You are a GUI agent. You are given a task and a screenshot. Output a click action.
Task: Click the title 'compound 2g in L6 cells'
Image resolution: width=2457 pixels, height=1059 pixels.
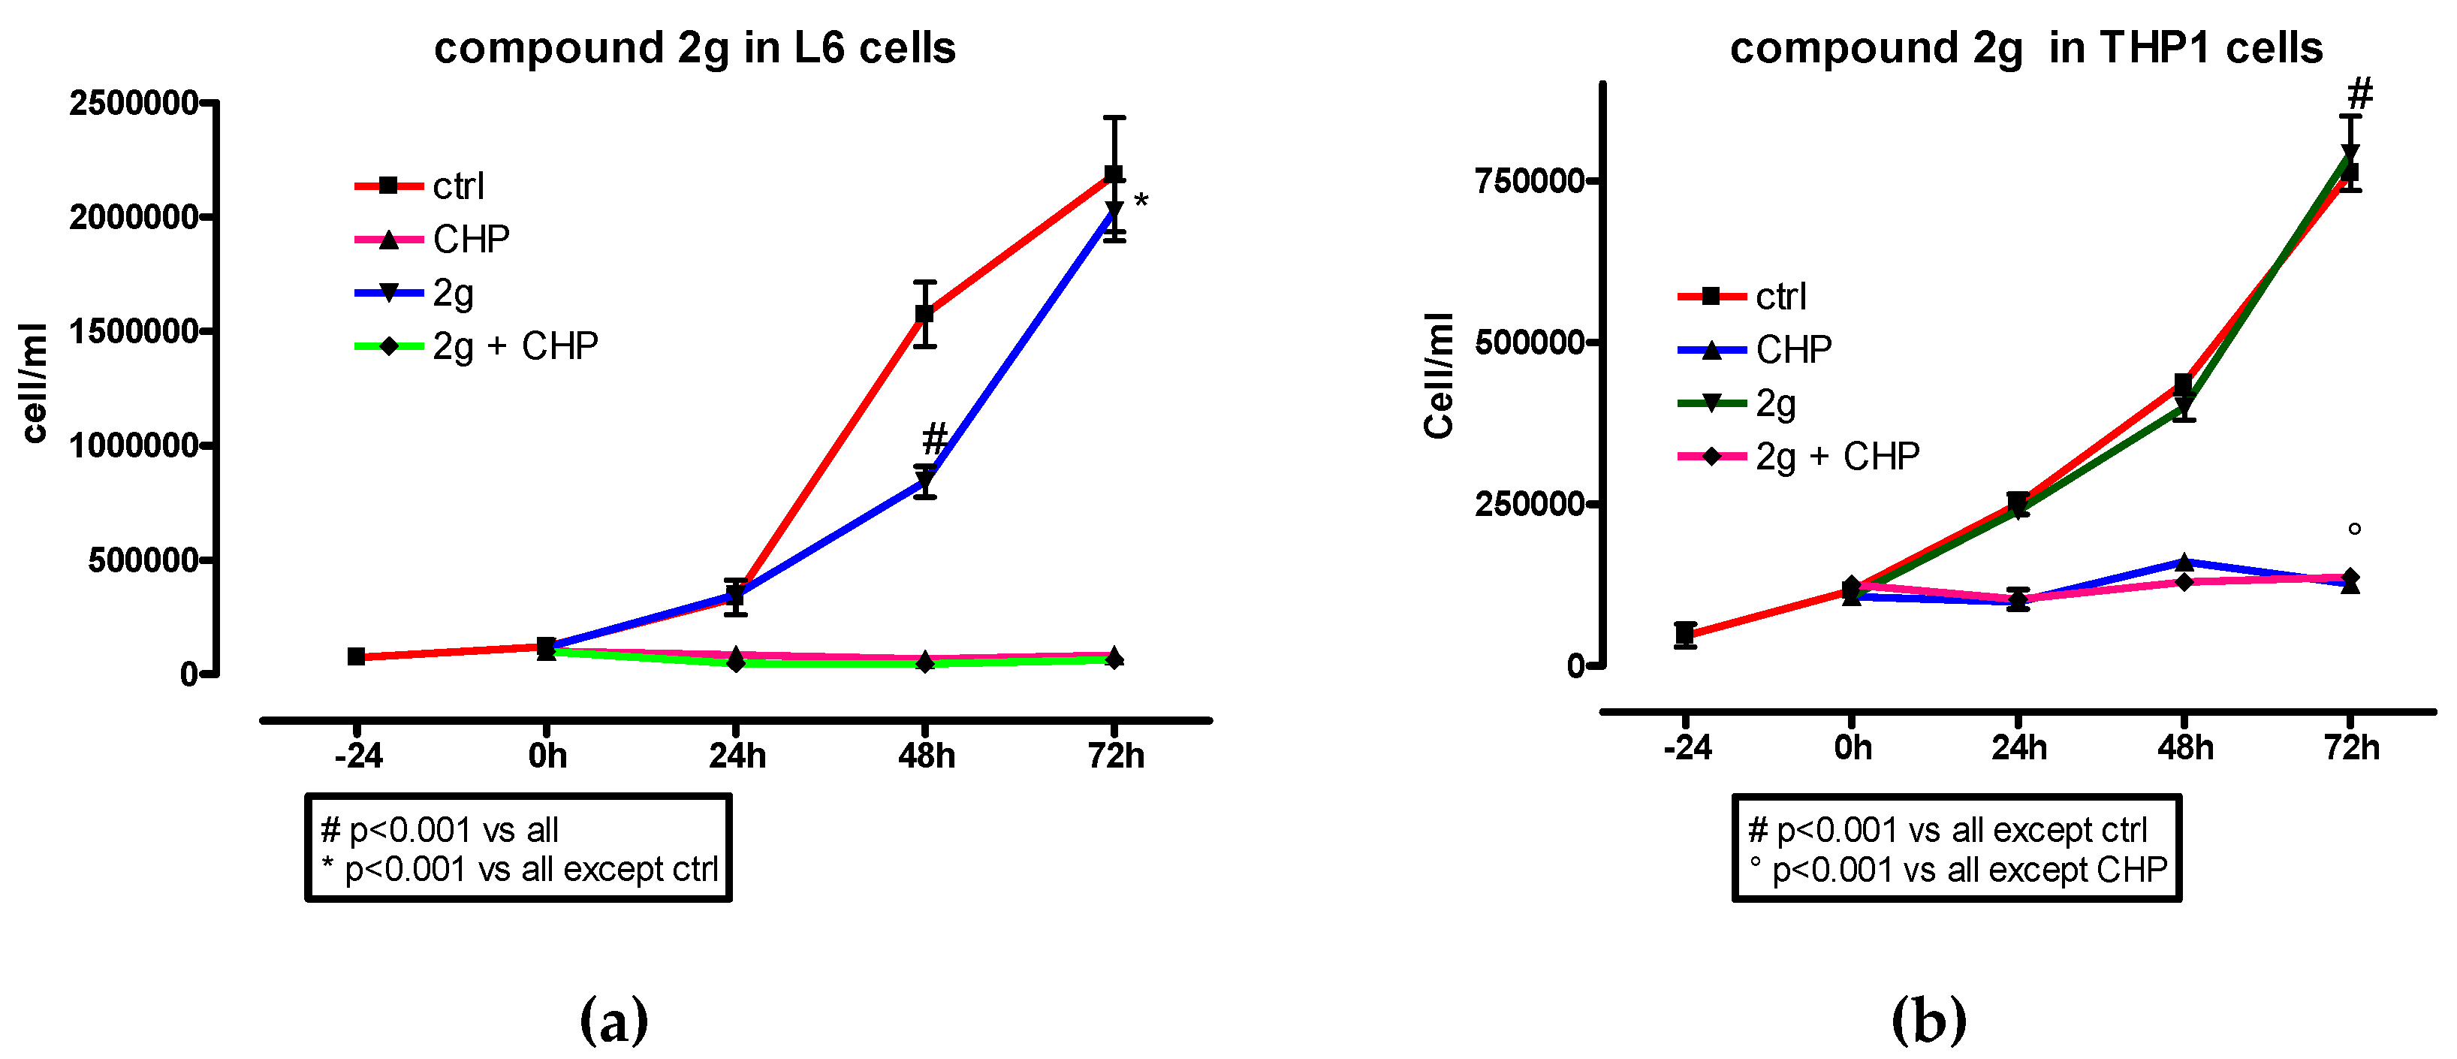695,48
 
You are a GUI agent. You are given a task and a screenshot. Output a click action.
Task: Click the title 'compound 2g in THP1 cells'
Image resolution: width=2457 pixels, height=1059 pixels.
2026,48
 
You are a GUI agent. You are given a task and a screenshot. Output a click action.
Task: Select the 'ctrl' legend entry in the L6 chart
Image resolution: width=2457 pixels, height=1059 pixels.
458,186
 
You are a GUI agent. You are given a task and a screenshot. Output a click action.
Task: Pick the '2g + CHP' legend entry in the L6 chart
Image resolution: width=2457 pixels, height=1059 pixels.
515,346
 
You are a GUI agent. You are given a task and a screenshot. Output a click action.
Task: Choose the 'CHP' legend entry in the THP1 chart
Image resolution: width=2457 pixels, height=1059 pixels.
1793,350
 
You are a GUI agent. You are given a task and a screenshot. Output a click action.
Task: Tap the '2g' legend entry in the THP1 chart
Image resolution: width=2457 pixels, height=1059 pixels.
1775,403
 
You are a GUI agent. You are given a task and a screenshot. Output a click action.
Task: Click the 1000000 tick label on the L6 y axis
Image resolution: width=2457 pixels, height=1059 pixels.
134,445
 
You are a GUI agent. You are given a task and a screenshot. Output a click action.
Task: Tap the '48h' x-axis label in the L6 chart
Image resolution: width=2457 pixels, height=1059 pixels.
926,756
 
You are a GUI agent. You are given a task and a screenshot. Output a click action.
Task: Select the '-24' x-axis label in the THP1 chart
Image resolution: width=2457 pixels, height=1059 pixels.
1687,748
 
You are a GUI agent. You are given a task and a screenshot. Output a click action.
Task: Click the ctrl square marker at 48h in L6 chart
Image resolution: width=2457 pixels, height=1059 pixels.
924,314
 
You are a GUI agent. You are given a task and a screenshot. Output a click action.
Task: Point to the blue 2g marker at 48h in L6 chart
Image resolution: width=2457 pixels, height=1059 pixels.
924,481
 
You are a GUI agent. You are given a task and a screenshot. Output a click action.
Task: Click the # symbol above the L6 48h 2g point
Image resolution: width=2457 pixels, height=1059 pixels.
935,439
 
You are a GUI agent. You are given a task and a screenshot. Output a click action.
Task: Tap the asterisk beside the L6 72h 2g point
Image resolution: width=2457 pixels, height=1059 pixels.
1141,201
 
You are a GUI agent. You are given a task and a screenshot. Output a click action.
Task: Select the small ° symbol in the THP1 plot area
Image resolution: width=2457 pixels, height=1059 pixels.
2354,529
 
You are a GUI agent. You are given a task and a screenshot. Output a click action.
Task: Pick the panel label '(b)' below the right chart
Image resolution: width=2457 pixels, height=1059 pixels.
1928,1021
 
